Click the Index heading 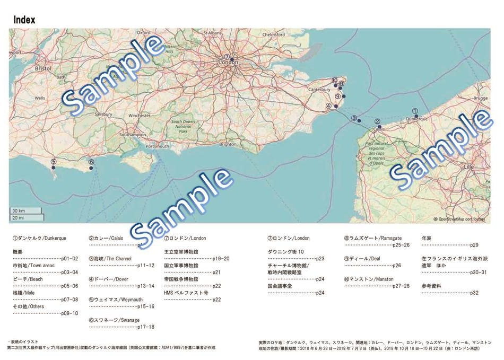[x=24, y=20]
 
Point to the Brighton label [x=228, y=144]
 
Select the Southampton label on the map [x=133, y=135]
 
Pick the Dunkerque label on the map [x=416, y=119]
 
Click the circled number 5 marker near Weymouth [x=53, y=162]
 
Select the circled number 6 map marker [x=91, y=162]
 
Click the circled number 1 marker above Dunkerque [x=415, y=111]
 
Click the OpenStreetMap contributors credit [x=460, y=218]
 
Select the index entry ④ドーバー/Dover [x=108, y=279]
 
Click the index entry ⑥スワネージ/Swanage [x=114, y=320]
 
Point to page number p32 [x=474, y=293]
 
